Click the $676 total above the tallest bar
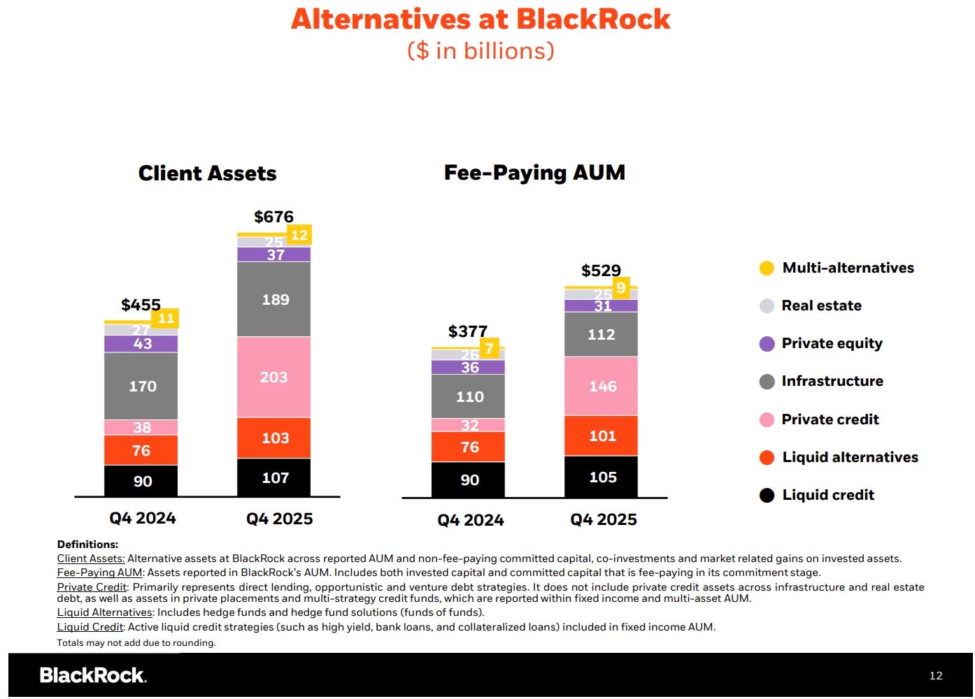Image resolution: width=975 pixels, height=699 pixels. point(273,217)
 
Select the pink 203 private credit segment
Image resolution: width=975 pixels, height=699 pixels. point(273,377)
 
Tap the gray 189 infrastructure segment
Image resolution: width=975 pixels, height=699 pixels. point(273,299)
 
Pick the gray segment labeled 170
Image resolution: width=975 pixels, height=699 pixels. point(141,386)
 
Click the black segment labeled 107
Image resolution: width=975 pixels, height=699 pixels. point(273,477)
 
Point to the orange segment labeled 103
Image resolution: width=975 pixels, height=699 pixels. point(273,438)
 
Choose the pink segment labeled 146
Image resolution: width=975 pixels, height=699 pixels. point(601,386)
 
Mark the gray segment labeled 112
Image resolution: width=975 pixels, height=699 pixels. point(601,334)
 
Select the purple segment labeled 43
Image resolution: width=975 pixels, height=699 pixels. point(141,344)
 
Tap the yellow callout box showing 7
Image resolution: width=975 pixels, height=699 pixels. point(490,348)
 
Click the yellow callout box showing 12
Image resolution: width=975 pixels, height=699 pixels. point(299,235)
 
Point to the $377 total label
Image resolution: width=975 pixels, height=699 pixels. point(468,331)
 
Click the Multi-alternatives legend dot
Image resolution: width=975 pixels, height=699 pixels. point(767,268)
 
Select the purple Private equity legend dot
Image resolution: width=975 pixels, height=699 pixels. point(767,344)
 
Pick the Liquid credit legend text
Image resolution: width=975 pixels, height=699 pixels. point(828,495)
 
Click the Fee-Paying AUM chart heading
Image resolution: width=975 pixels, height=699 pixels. point(534,173)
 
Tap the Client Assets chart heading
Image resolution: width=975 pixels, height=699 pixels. point(207,173)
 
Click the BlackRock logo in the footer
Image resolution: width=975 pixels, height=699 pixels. point(93,675)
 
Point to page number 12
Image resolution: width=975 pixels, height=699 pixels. point(936,675)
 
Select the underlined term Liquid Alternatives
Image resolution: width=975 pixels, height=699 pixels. point(104,612)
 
